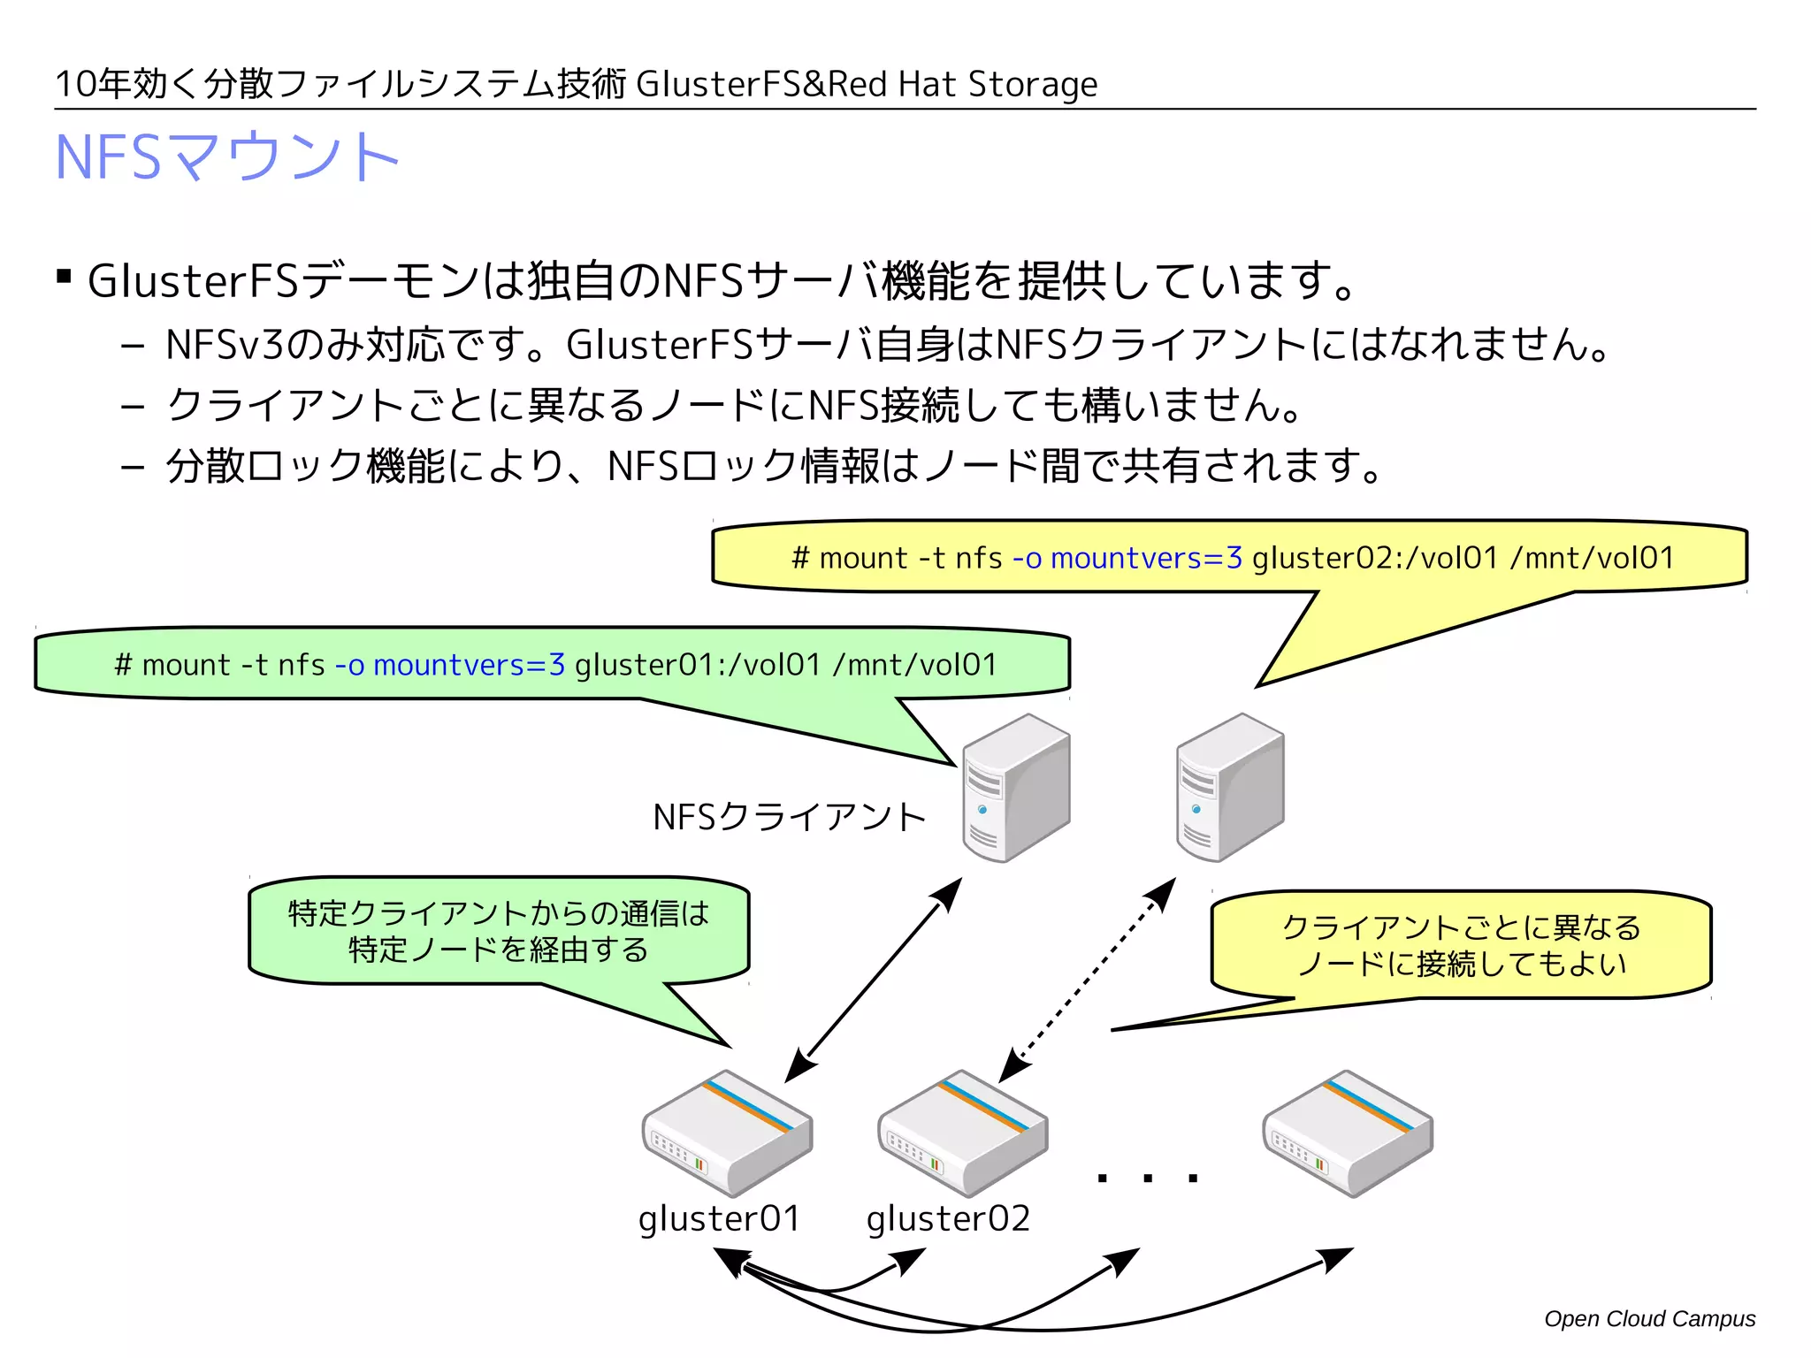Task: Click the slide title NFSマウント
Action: pos(226,156)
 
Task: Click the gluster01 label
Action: pos(719,1218)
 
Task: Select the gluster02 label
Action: pos(948,1218)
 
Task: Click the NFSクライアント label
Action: pos(789,817)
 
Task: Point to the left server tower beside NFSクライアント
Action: pos(1016,788)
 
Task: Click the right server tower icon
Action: pos(1230,788)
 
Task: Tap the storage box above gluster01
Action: pos(727,1134)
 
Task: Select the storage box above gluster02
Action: pos(962,1134)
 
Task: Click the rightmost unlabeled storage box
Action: pos(1348,1134)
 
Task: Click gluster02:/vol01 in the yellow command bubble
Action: pos(1375,558)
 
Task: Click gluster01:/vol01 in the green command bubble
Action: pos(698,665)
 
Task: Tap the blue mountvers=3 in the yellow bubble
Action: pos(1146,558)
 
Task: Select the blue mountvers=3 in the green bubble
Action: pos(469,665)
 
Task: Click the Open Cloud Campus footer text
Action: pos(1649,1318)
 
